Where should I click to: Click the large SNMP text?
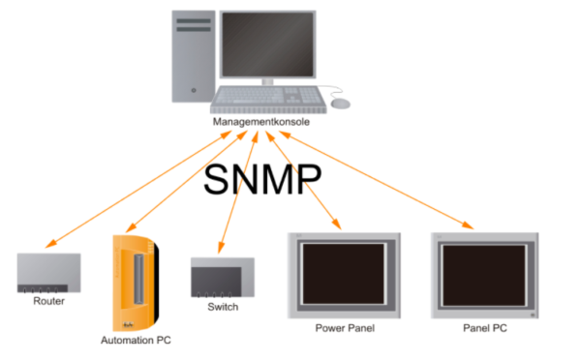point(262,181)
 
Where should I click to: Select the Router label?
point(48,301)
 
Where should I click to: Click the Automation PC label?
point(136,341)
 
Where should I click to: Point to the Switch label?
point(223,307)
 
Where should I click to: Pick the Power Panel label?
point(345,328)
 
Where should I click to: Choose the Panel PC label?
point(484,328)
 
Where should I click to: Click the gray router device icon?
point(48,273)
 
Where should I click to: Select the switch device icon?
point(223,279)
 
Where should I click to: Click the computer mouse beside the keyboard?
point(340,103)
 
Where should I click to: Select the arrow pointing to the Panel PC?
point(387,184)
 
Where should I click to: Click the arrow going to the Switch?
point(239,194)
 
